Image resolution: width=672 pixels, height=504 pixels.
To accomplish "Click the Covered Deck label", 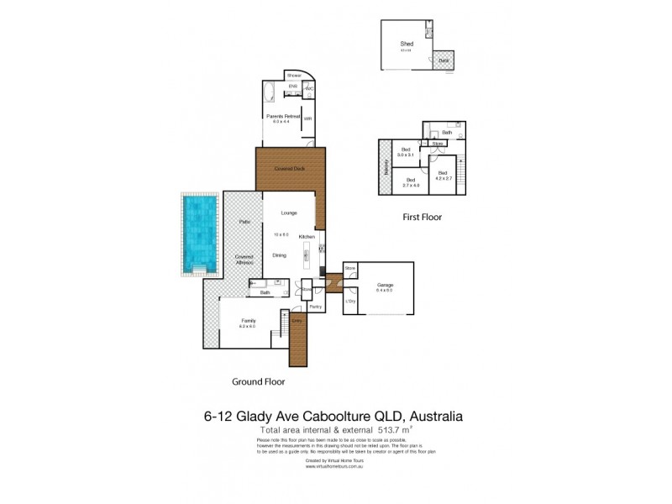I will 288,168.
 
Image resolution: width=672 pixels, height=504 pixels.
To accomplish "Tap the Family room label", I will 249,320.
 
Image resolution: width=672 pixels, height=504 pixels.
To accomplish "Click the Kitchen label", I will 307,237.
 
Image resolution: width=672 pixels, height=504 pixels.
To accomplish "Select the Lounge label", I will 277,213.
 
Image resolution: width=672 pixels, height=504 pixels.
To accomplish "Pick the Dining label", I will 280,255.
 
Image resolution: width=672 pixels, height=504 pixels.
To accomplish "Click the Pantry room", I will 315,307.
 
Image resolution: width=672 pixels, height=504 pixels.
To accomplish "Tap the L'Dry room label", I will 351,300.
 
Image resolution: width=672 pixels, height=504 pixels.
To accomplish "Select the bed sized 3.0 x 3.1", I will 407,152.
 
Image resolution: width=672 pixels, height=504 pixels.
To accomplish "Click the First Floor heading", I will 422,217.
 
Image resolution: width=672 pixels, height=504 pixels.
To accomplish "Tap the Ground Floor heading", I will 258,381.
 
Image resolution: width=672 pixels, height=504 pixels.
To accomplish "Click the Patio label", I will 245,222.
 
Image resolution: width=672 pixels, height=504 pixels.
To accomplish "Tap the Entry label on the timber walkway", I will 297,321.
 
